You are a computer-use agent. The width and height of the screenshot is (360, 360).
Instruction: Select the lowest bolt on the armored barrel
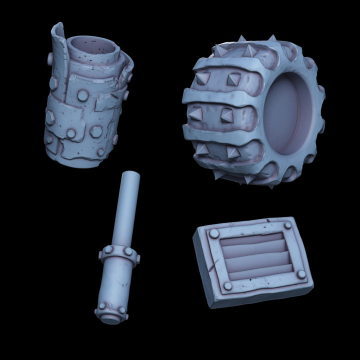(100, 151)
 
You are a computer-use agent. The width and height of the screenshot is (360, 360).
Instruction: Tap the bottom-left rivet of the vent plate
(228, 285)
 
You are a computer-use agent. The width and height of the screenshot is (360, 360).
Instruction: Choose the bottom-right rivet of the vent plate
(300, 274)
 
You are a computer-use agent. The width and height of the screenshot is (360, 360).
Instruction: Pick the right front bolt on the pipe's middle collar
(136, 258)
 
